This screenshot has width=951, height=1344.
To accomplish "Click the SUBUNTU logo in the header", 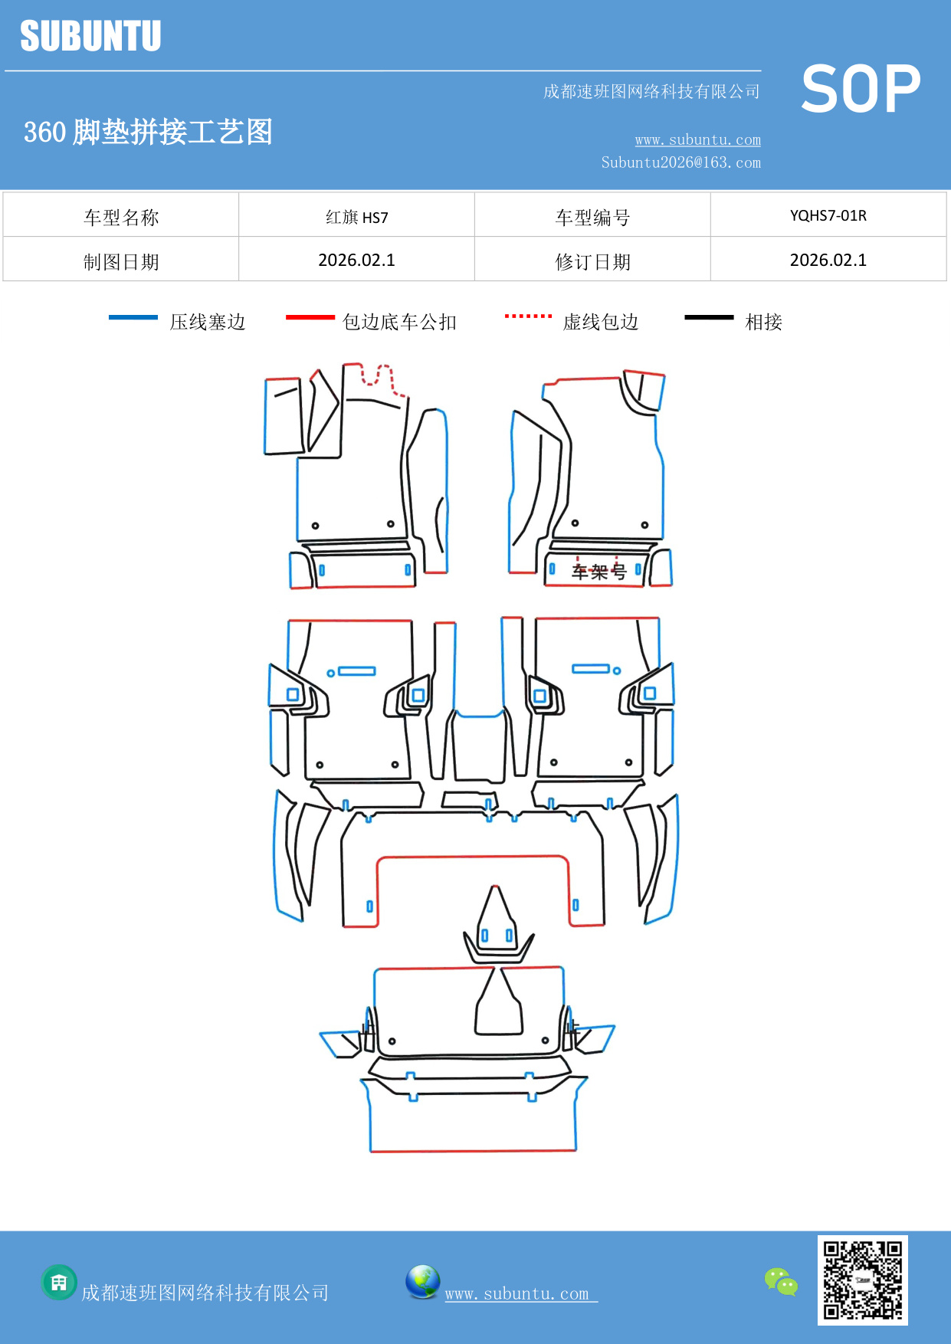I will coord(90,36).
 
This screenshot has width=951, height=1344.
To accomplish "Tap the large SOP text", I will coord(860,89).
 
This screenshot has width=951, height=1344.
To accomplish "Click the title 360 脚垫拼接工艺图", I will coord(148,132).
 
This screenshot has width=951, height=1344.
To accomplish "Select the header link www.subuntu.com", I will coord(697,139).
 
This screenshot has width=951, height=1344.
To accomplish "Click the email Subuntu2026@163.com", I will coord(680,162).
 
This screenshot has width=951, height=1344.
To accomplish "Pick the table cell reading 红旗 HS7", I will coord(356,217).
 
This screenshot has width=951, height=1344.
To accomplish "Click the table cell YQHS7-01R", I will coord(828,215).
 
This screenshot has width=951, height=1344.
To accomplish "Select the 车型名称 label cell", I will coord(121,217).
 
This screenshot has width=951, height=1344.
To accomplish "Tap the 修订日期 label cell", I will coord(592,261).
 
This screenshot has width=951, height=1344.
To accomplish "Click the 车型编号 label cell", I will coord(592,217).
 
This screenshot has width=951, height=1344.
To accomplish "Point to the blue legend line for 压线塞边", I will coord(133,317).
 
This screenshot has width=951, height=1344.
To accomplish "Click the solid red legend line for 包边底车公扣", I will coord(310,317).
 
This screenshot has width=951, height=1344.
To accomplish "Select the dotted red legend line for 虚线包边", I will coord(528,316).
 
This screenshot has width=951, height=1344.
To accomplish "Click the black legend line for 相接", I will coord(709,317).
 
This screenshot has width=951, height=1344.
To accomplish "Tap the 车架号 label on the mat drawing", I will coord(598,572).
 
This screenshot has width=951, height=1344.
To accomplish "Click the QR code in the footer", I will coord(862,1280).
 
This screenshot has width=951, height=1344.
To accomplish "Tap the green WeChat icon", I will coord(781,1281).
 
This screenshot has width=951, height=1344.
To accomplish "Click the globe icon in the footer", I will coord(422,1282).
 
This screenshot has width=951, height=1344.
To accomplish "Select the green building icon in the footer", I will coord(59,1282).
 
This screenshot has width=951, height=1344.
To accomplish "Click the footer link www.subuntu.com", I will coord(517,1293).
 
